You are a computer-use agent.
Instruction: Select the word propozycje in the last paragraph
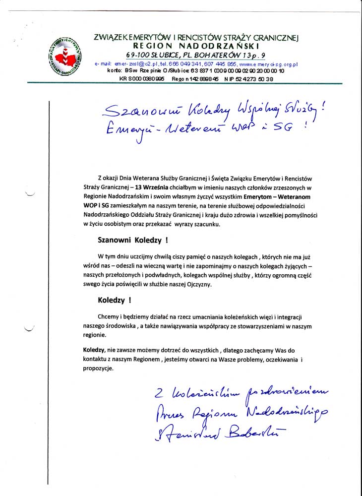[98, 369]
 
